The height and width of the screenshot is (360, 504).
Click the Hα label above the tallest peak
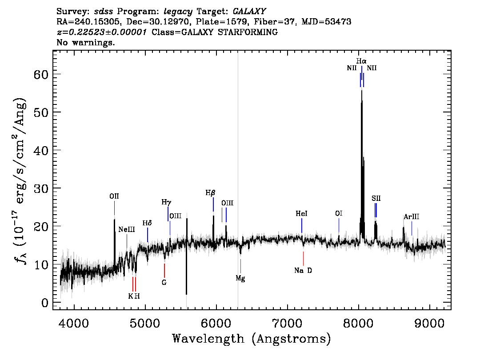pos(361,61)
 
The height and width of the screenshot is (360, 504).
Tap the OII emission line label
pos(114,196)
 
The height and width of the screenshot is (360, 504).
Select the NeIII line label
pos(127,229)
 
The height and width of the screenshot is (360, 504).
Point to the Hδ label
pos(147,223)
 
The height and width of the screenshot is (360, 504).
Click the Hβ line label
pos(210,193)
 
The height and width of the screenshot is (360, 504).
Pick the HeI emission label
pos(301,213)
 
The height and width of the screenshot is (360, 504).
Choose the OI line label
pos(339,213)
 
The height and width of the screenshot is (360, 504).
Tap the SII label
pos(376,198)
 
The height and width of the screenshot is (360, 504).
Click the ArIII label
pos(412,216)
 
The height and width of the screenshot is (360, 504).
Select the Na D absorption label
pos(303,271)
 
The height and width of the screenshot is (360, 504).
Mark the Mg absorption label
pos(240,278)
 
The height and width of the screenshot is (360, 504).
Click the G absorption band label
pos(164,283)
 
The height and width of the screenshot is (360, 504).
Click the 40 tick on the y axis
pos(41,150)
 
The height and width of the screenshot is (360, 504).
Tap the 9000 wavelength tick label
pos(429,323)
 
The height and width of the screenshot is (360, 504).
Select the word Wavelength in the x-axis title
pos(208,339)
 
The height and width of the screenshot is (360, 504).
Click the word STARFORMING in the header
pos(248,32)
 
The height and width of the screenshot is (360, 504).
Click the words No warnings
pos(85,42)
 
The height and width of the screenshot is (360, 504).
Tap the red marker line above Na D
pos(303,258)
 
